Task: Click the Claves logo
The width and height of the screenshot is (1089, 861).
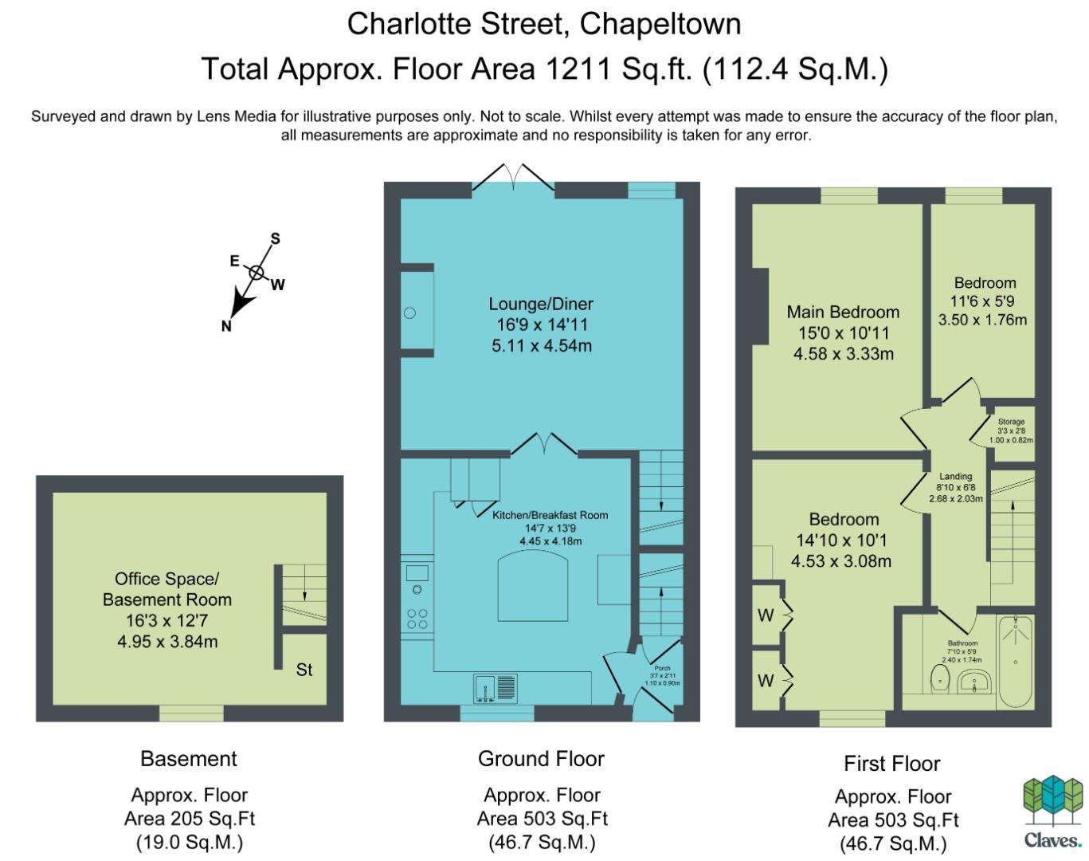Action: [x=1052, y=812]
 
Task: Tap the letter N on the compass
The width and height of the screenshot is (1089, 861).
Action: [x=226, y=326]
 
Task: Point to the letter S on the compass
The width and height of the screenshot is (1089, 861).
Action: [x=275, y=238]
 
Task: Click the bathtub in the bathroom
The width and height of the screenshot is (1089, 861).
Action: [x=1015, y=660]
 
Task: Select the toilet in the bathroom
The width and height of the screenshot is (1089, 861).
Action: [x=940, y=679]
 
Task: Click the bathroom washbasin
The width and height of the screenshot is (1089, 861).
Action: [x=974, y=681]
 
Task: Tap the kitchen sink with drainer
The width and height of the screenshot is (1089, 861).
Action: [x=496, y=688]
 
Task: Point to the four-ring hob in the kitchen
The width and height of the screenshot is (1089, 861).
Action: [x=417, y=619]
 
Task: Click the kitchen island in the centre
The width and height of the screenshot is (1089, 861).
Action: [x=532, y=585]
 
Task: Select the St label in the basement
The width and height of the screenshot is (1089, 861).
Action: [x=304, y=670]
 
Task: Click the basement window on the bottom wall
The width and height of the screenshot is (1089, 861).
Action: [x=191, y=713]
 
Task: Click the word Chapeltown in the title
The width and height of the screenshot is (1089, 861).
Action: [x=660, y=24]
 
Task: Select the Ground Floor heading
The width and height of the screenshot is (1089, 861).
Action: [x=541, y=759]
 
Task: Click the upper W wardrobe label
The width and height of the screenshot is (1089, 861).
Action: [x=765, y=615]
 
